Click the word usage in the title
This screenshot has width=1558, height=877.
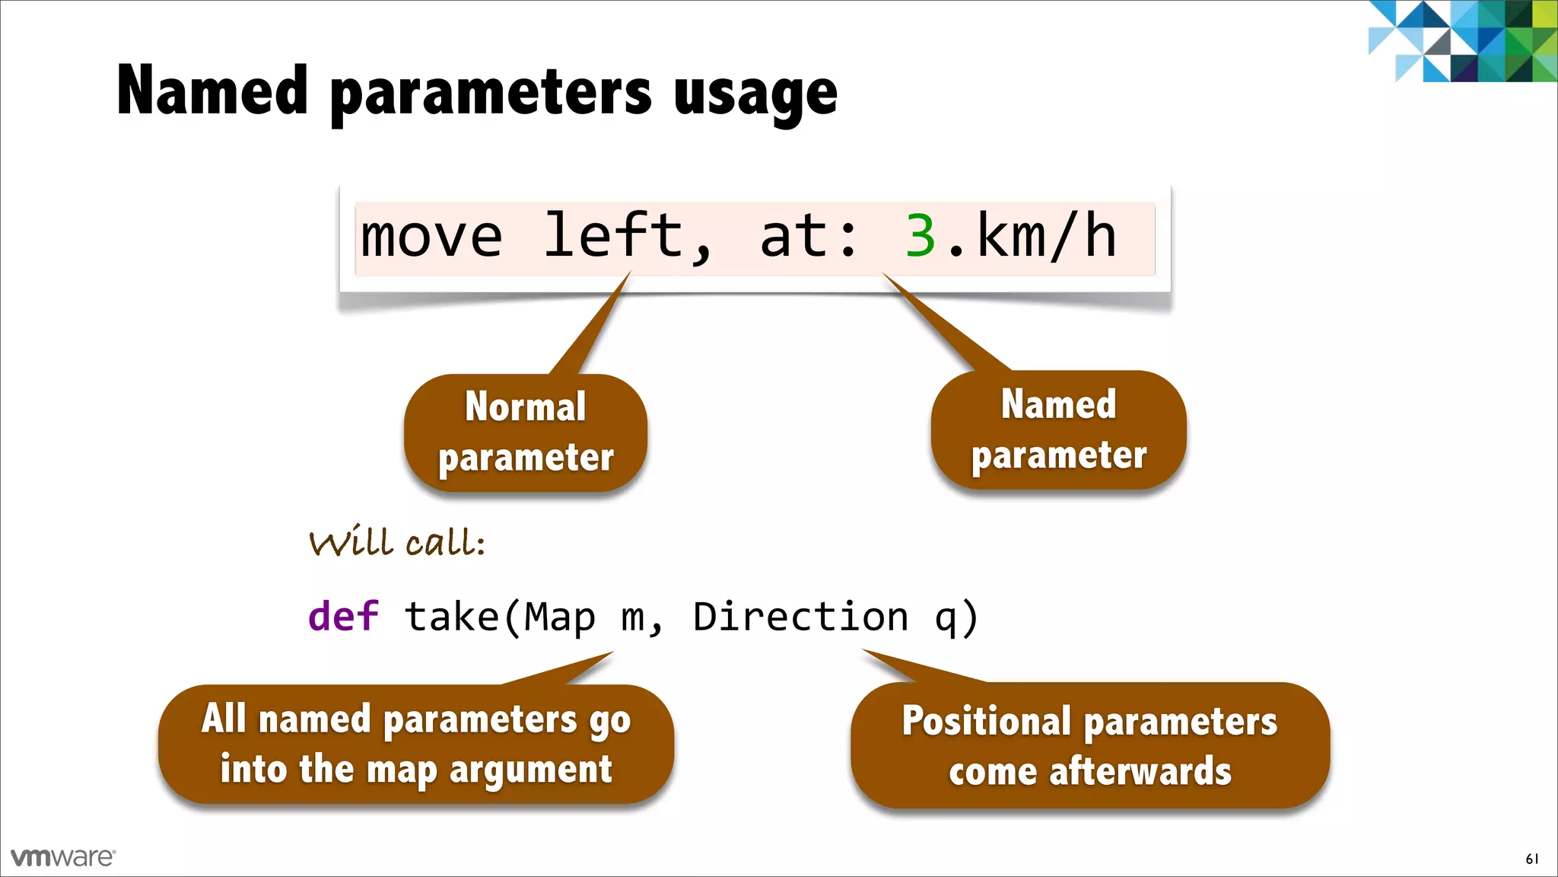click(x=755, y=93)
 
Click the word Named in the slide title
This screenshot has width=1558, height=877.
click(x=212, y=91)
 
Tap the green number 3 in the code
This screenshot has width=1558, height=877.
click(x=920, y=237)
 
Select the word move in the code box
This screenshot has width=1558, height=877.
click(x=431, y=237)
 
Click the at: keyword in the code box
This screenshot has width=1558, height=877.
click(x=808, y=237)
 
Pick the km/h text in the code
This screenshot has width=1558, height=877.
click(x=1046, y=237)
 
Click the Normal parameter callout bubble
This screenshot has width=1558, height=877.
click(x=525, y=432)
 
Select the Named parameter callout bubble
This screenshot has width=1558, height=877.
click(x=1057, y=430)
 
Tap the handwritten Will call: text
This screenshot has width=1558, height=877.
click(x=396, y=543)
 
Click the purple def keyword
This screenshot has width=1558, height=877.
click(x=343, y=616)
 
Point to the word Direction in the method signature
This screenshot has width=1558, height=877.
click(x=800, y=616)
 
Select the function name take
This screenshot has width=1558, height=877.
click(x=451, y=616)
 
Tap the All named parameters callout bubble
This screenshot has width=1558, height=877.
click(x=415, y=744)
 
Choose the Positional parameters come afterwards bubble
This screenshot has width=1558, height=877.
click(x=1089, y=745)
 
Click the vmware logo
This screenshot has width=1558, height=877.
click(x=62, y=857)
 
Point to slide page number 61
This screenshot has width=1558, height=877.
click(x=1531, y=859)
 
